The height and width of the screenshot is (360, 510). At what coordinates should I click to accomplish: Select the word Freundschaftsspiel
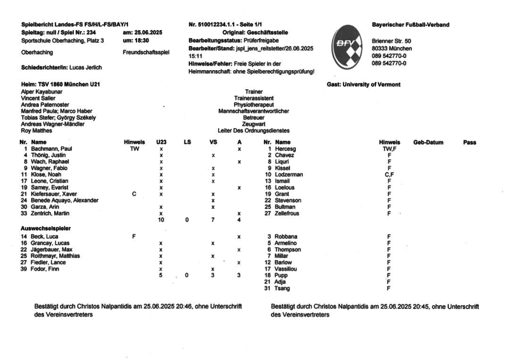click(146, 53)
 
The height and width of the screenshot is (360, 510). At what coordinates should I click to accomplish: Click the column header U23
click(161, 141)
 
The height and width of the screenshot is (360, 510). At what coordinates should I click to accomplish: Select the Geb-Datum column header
click(428, 141)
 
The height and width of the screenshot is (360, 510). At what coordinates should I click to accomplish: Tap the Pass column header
click(470, 141)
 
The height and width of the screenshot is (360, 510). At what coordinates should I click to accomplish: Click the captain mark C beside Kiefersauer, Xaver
click(134, 194)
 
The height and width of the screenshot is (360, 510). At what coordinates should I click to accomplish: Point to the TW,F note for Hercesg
click(388, 148)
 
